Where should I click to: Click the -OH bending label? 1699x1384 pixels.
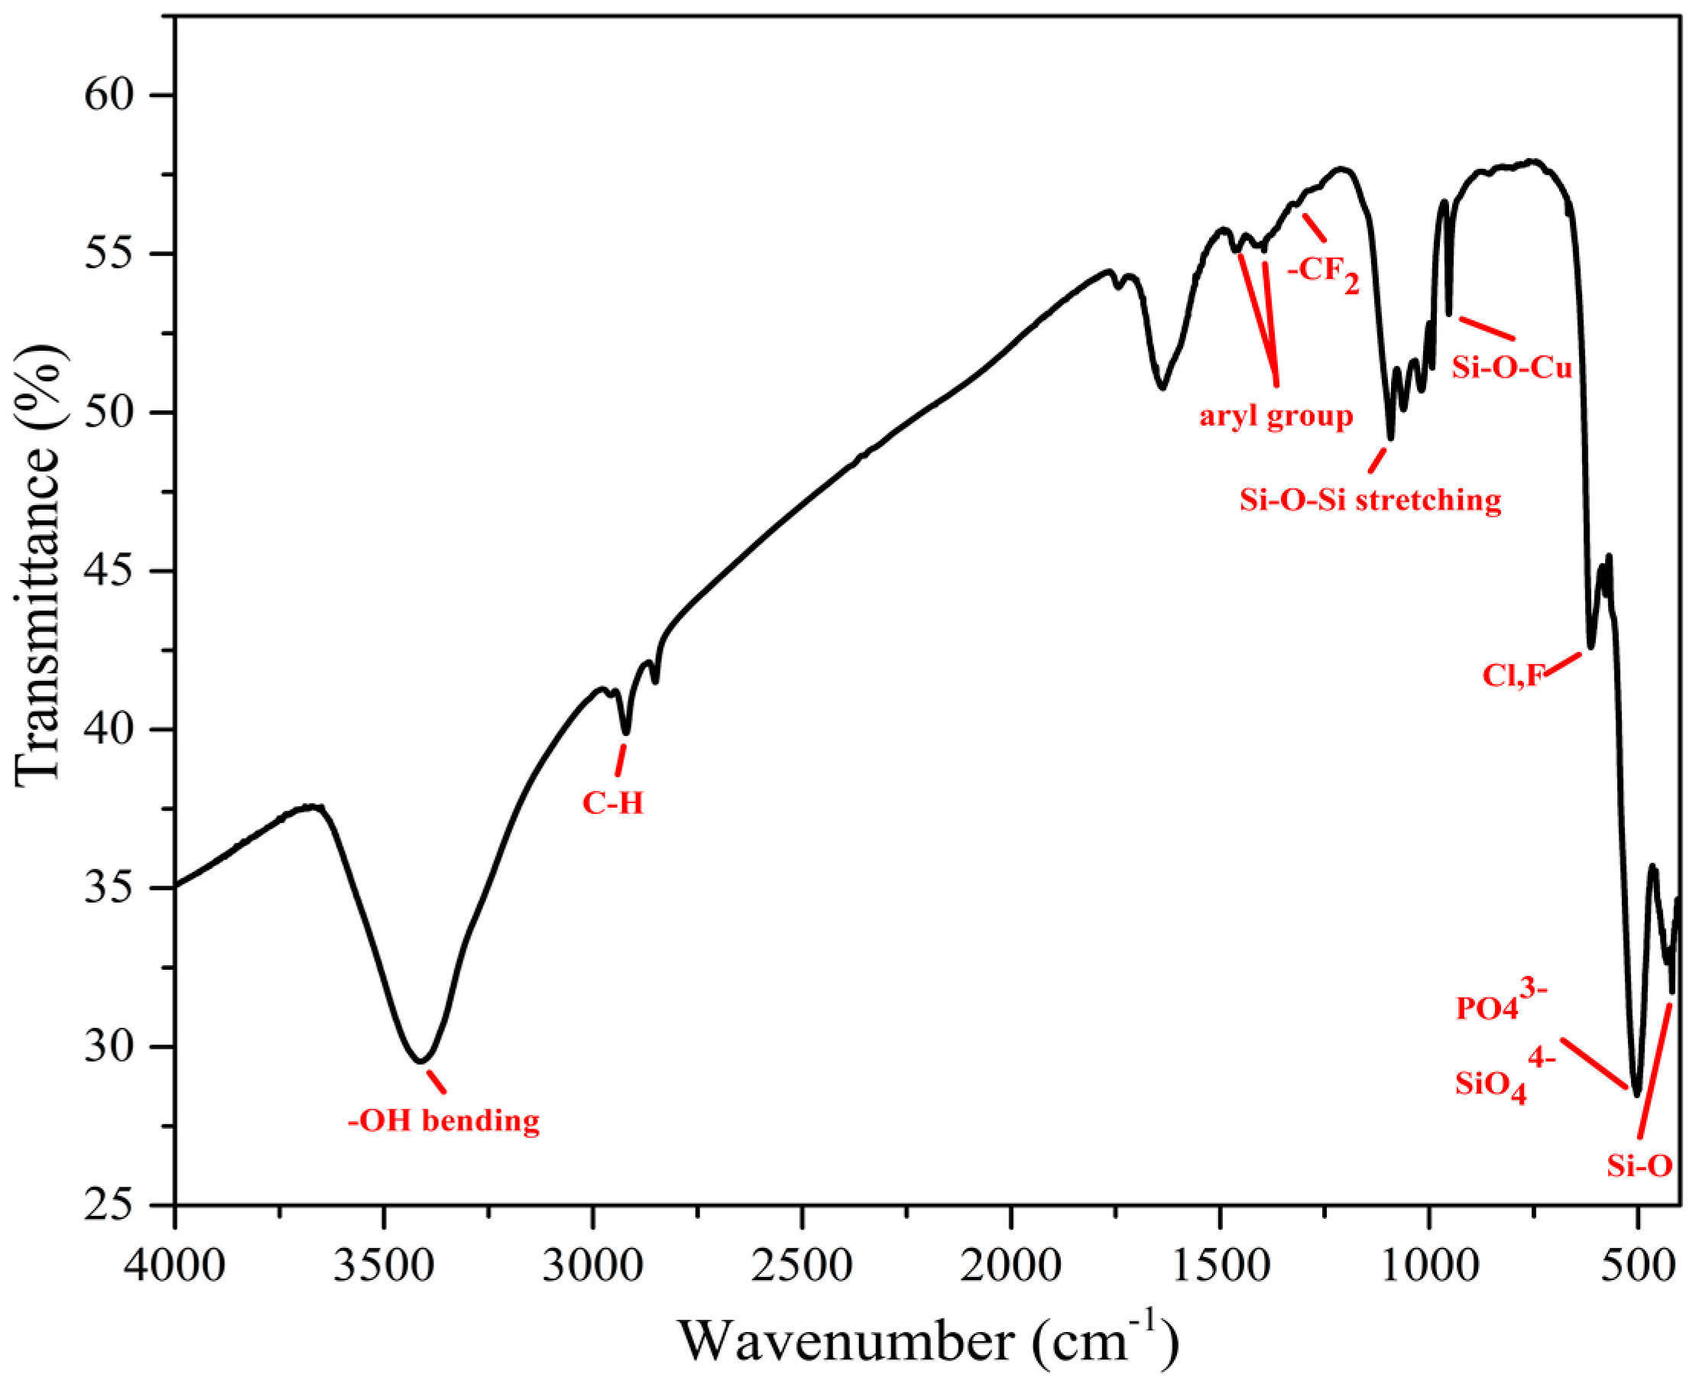[443, 1121]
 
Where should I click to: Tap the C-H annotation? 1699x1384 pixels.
[612, 803]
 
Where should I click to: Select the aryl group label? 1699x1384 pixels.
[1276, 416]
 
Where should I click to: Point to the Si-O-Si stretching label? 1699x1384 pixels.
[1370, 500]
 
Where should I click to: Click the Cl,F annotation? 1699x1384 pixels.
[1513, 676]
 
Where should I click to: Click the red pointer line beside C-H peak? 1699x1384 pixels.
[621, 760]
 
